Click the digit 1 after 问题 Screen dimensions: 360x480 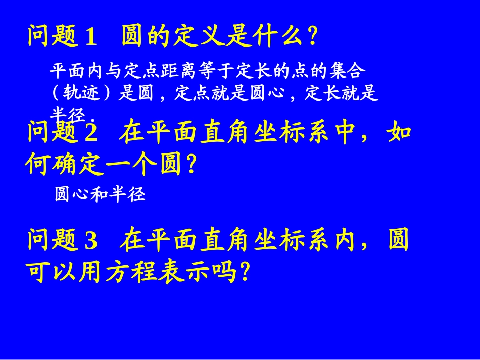point(91,37)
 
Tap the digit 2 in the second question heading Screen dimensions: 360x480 point(91,133)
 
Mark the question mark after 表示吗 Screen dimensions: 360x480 point(245,273)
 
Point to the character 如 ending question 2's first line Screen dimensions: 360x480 point(399,133)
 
